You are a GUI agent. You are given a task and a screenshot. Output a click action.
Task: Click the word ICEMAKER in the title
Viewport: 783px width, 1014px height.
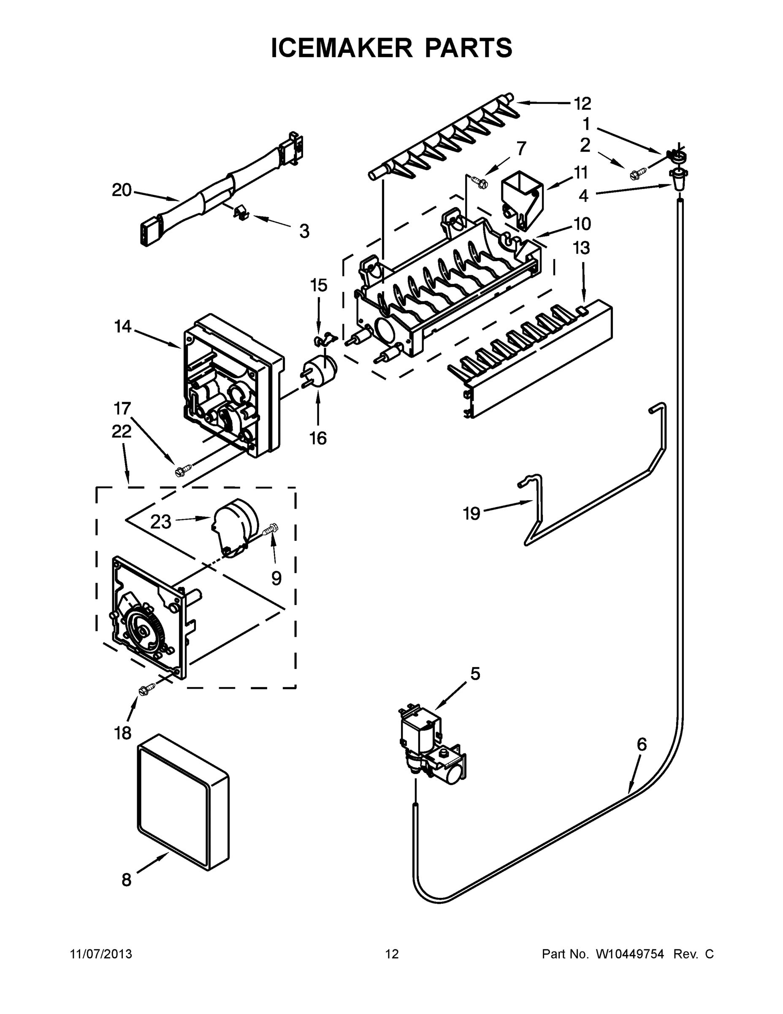341,48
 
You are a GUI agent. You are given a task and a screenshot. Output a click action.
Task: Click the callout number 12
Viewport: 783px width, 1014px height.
582,103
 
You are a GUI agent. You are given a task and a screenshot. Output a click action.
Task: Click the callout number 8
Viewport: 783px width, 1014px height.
126,879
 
